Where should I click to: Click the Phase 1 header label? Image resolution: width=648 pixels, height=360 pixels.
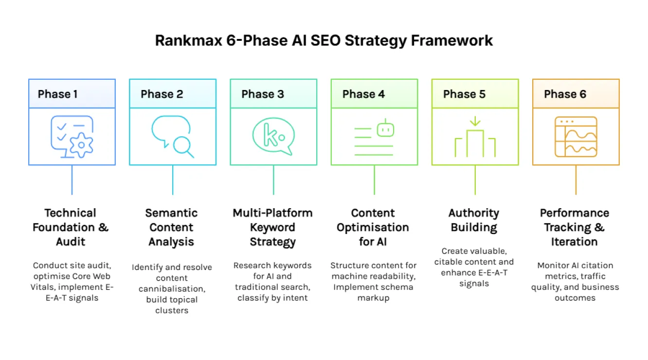point(57,94)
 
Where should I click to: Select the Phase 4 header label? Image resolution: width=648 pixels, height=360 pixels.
point(363,94)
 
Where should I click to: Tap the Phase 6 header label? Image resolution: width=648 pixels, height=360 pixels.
point(565,94)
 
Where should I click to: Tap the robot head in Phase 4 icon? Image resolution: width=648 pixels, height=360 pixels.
point(385,128)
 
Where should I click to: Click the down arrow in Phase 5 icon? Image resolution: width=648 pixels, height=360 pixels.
point(475,121)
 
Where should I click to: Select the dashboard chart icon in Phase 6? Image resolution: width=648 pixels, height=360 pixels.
point(576,137)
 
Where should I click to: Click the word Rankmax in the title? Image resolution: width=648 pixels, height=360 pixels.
point(188,40)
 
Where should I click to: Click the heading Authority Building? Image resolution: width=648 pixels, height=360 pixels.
point(474,220)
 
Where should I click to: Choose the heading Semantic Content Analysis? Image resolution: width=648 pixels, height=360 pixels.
point(171,227)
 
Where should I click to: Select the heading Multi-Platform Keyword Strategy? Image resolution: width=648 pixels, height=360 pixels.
point(272,227)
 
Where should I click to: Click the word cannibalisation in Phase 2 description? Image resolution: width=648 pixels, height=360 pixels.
point(171,289)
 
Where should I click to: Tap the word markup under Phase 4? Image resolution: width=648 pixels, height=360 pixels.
point(373,298)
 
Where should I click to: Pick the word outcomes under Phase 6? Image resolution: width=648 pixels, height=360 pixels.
point(575,298)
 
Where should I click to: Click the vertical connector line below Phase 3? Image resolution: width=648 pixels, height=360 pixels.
point(273,180)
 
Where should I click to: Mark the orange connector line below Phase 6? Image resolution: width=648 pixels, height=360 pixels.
point(576,180)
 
